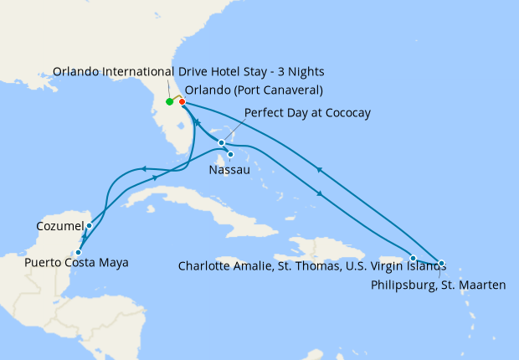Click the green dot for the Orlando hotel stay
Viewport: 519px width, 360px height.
pos(169,102)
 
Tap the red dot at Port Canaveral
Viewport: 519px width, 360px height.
pos(182,102)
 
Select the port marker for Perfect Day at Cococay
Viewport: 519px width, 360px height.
pos(221,142)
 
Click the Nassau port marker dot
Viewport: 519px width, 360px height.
pos(229,154)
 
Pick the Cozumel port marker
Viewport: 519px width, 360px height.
pos(89,226)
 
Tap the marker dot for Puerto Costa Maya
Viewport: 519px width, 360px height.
pos(78,252)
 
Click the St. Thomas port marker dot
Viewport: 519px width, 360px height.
pos(413,258)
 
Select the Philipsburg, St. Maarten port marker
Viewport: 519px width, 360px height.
pos(441,263)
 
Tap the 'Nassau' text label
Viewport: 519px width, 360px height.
pos(228,170)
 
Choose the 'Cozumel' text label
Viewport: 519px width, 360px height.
pos(60,226)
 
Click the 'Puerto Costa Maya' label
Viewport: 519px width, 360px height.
pos(76,263)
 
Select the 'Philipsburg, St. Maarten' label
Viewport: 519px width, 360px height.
pos(437,285)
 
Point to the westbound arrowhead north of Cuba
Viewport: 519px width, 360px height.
pos(143,169)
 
